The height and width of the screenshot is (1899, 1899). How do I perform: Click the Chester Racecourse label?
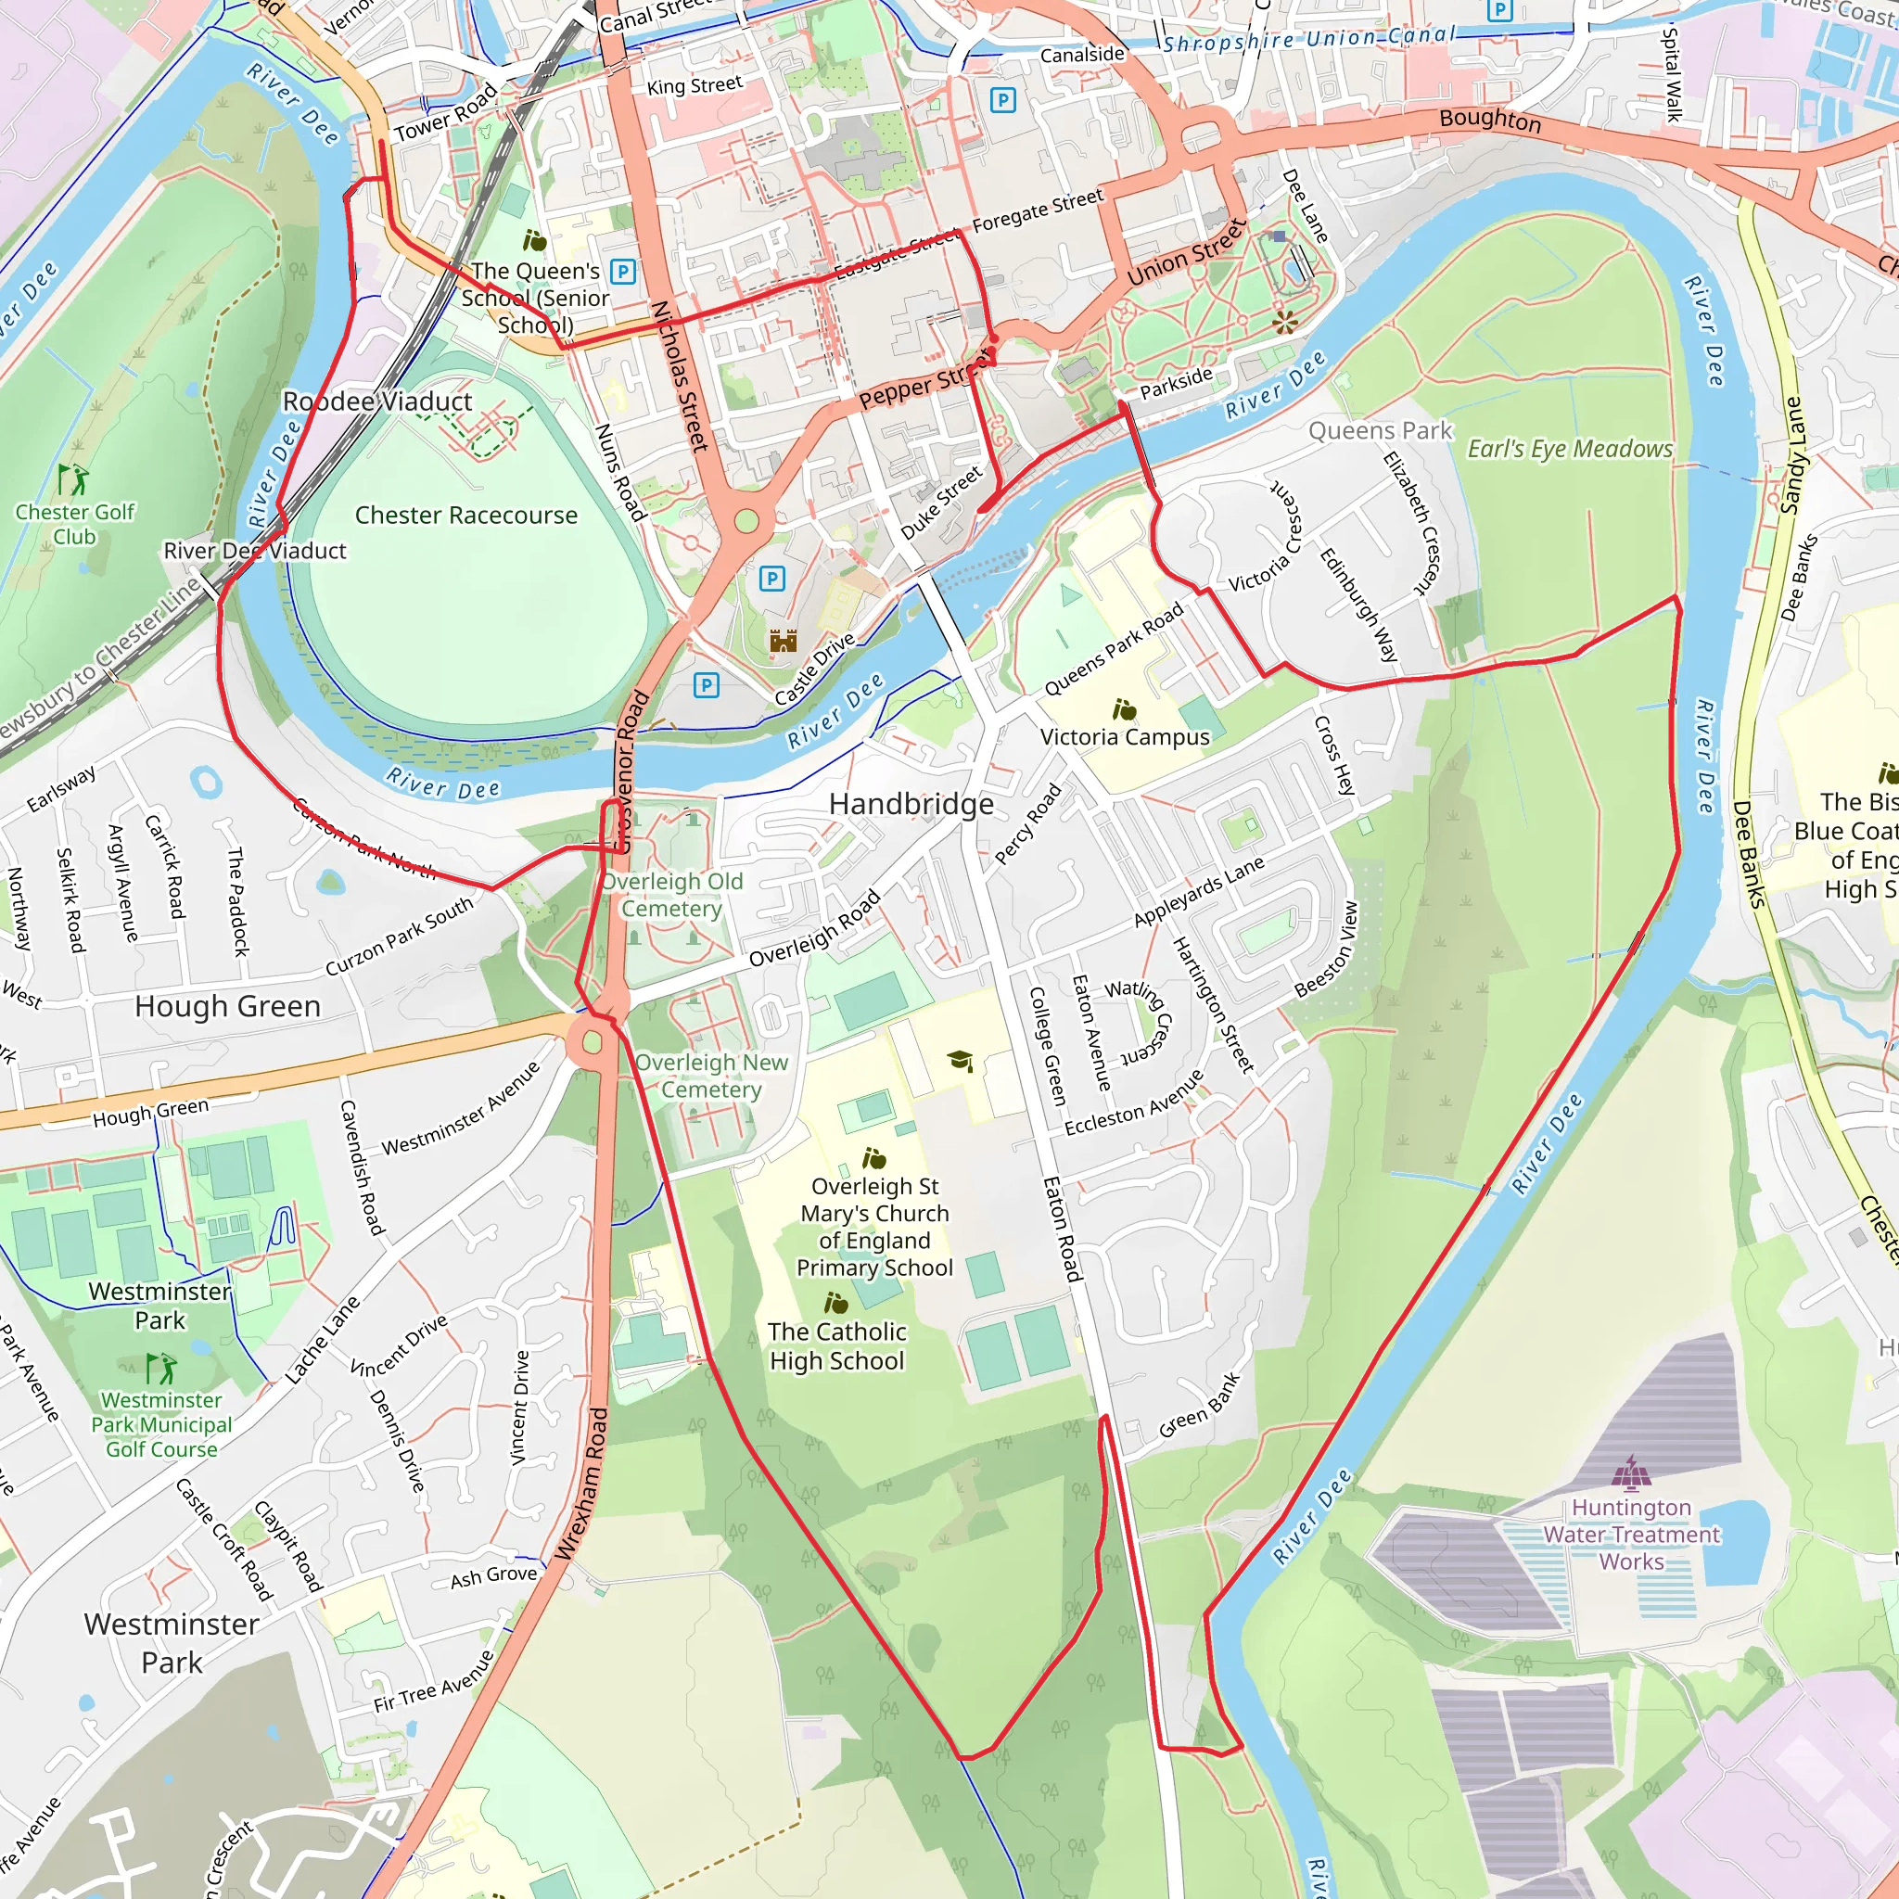coord(465,515)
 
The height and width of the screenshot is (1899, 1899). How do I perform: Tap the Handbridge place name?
coord(911,804)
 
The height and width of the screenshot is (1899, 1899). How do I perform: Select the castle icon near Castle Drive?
coord(783,641)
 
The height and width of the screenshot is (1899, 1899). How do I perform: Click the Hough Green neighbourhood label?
coord(228,1005)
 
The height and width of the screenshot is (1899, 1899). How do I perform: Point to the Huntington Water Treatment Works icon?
coord(1631,1474)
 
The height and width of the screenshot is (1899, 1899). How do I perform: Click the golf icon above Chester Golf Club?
coord(72,479)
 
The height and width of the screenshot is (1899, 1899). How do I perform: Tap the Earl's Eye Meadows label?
coord(1569,449)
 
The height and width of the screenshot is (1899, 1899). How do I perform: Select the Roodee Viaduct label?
coord(377,401)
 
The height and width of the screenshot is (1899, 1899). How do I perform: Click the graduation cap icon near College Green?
coord(961,1061)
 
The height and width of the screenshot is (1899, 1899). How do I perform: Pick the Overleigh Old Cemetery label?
coord(672,895)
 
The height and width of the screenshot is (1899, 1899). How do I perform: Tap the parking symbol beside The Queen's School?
coord(622,272)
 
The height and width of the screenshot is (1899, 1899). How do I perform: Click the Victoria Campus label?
coord(1125,737)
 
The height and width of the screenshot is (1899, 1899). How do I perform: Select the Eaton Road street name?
coord(1063,1229)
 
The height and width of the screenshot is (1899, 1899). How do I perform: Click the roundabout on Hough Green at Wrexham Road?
coord(592,1041)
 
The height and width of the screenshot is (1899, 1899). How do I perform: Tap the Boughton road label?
coord(1489,120)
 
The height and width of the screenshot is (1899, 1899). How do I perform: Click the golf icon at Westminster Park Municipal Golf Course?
coord(160,1369)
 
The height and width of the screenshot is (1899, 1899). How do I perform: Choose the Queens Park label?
coord(1379,430)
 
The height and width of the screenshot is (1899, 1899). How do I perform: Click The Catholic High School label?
coord(836,1345)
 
